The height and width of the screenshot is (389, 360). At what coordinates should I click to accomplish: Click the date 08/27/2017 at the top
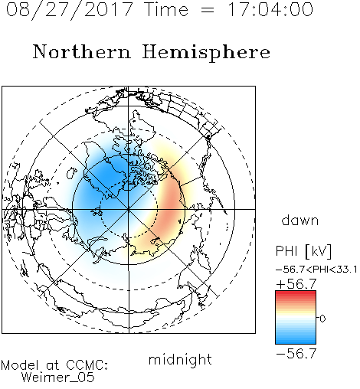[69, 9]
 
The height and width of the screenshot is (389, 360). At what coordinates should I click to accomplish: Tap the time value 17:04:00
[270, 9]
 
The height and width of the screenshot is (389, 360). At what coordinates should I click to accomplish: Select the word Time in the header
[166, 9]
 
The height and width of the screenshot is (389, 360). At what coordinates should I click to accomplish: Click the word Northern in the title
[82, 52]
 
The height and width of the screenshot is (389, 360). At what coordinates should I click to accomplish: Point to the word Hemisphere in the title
[206, 53]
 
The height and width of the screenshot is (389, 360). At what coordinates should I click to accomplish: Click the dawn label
[300, 221]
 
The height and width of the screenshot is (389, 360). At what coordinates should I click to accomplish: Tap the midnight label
[180, 359]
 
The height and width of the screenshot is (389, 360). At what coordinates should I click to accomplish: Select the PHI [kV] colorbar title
[303, 251]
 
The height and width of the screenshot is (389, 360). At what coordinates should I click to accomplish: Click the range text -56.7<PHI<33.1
[316, 270]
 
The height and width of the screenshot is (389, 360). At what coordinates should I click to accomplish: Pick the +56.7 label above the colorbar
[296, 284]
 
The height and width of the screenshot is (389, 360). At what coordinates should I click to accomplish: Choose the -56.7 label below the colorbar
[296, 353]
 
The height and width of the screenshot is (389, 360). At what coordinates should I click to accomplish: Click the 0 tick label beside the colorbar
[322, 319]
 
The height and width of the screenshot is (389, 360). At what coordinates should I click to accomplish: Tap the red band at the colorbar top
[296, 294]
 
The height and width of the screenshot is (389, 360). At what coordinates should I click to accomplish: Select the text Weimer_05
[58, 378]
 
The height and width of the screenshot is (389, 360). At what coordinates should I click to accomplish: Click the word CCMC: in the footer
[87, 365]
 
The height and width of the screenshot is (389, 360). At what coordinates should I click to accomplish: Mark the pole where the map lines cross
[129, 209]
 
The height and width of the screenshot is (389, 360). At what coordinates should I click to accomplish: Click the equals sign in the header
[208, 10]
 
